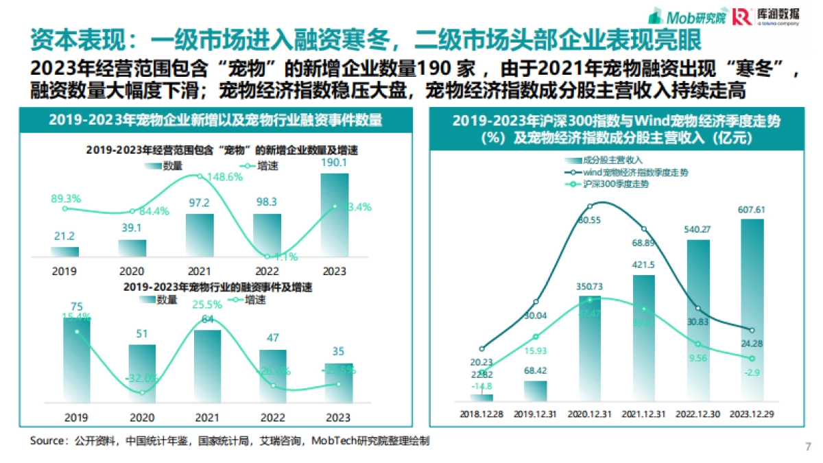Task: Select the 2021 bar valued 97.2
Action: tap(200, 235)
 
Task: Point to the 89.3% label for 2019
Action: tap(66, 198)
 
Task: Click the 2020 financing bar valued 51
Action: tap(142, 374)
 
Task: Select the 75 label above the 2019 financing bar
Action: tap(77, 307)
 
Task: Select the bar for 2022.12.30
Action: tap(699, 319)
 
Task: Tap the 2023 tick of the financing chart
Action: tap(338, 416)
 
